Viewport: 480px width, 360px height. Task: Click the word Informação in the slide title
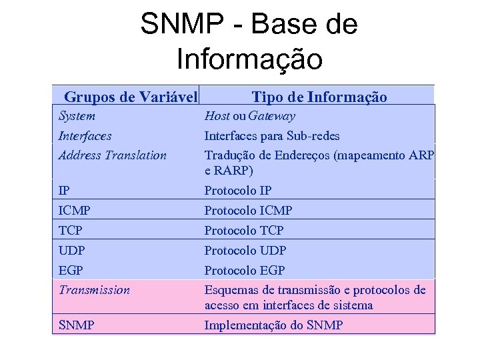(x=249, y=58)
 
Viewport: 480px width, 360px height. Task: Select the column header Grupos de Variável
(x=131, y=97)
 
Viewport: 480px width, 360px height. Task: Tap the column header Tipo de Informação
(x=319, y=97)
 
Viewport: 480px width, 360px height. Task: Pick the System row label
(x=77, y=116)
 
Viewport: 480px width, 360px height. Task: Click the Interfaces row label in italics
(x=85, y=136)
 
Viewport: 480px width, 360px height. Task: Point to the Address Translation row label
(x=112, y=155)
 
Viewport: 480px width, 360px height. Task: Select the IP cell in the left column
(x=64, y=191)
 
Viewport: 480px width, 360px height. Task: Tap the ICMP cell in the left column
(x=75, y=211)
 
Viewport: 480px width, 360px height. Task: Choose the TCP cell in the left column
(x=71, y=231)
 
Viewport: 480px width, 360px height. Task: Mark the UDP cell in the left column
(x=72, y=251)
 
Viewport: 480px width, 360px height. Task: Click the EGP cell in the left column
(x=71, y=271)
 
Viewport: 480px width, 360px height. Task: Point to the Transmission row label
(x=94, y=290)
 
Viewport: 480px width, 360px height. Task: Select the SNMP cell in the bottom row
(x=76, y=325)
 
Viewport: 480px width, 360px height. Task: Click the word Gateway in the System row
(x=271, y=116)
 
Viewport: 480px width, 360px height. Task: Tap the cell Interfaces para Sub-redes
(x=271, y=136)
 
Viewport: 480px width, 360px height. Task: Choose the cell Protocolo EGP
(x=244, y=271)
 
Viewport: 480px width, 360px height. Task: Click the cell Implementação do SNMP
(x=273, y=325)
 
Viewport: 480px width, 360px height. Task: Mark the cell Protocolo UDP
(x=245, y=251)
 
